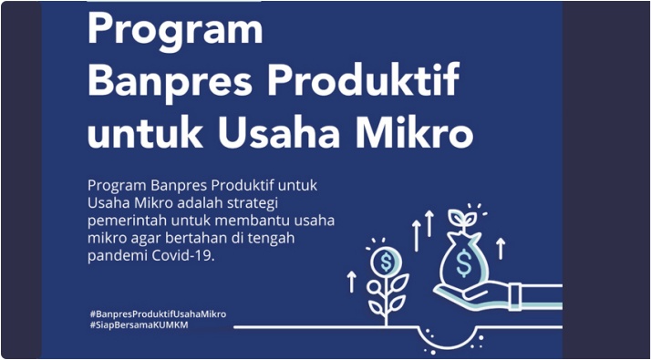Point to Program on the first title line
click(175, 30)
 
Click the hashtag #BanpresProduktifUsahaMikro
click(158, 314)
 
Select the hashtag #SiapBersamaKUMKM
click(139, 325)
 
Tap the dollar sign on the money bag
click(463, 262)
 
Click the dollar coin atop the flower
click(386, 262)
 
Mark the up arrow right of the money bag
click(501, 248)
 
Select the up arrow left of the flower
click(352, 282)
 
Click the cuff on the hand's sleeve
click(515, 296)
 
